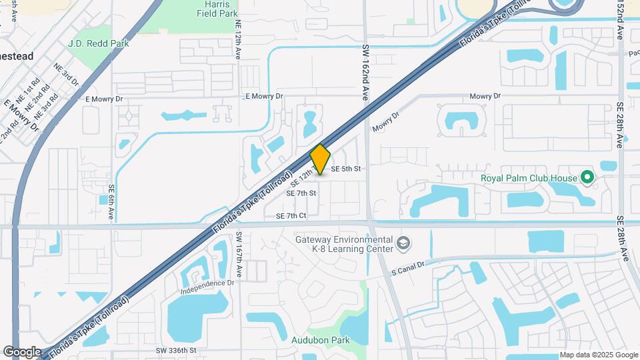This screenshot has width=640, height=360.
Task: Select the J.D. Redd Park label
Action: [98, 43]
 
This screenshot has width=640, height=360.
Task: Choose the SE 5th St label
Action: [345, 169]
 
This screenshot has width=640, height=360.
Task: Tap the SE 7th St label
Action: [301, 193]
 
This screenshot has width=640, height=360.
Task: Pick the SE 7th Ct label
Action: [291, 216]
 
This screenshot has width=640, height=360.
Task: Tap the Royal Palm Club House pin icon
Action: [587, 177]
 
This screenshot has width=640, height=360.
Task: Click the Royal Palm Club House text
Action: [528, 178]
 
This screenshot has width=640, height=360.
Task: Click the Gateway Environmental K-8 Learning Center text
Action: [344, 244]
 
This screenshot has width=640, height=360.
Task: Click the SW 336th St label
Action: [177, 350]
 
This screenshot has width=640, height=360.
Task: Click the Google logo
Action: [22, 352]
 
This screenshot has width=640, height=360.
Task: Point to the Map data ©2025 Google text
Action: [598, 355]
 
